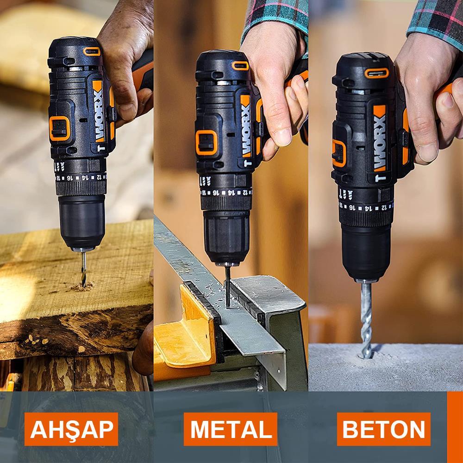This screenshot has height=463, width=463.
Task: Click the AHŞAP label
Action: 71,429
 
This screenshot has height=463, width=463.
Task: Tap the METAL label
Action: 231,429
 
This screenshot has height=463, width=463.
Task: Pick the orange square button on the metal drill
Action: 206,142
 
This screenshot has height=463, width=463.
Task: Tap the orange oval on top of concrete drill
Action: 376,73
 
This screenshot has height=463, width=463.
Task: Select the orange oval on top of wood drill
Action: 92,51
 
